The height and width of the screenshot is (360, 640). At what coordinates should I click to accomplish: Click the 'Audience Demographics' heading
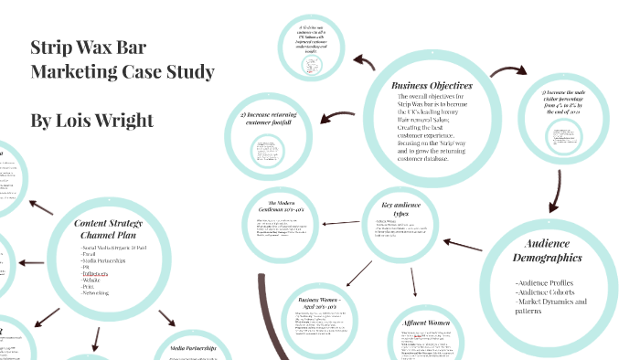tap(548, 251)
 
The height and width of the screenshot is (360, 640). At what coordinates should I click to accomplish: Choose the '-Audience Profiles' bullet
tap(548, 282)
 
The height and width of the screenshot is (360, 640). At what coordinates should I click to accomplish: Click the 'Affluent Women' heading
tap(428, 323)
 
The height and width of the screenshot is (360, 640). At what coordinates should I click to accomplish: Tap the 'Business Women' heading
tap(315, 302)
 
